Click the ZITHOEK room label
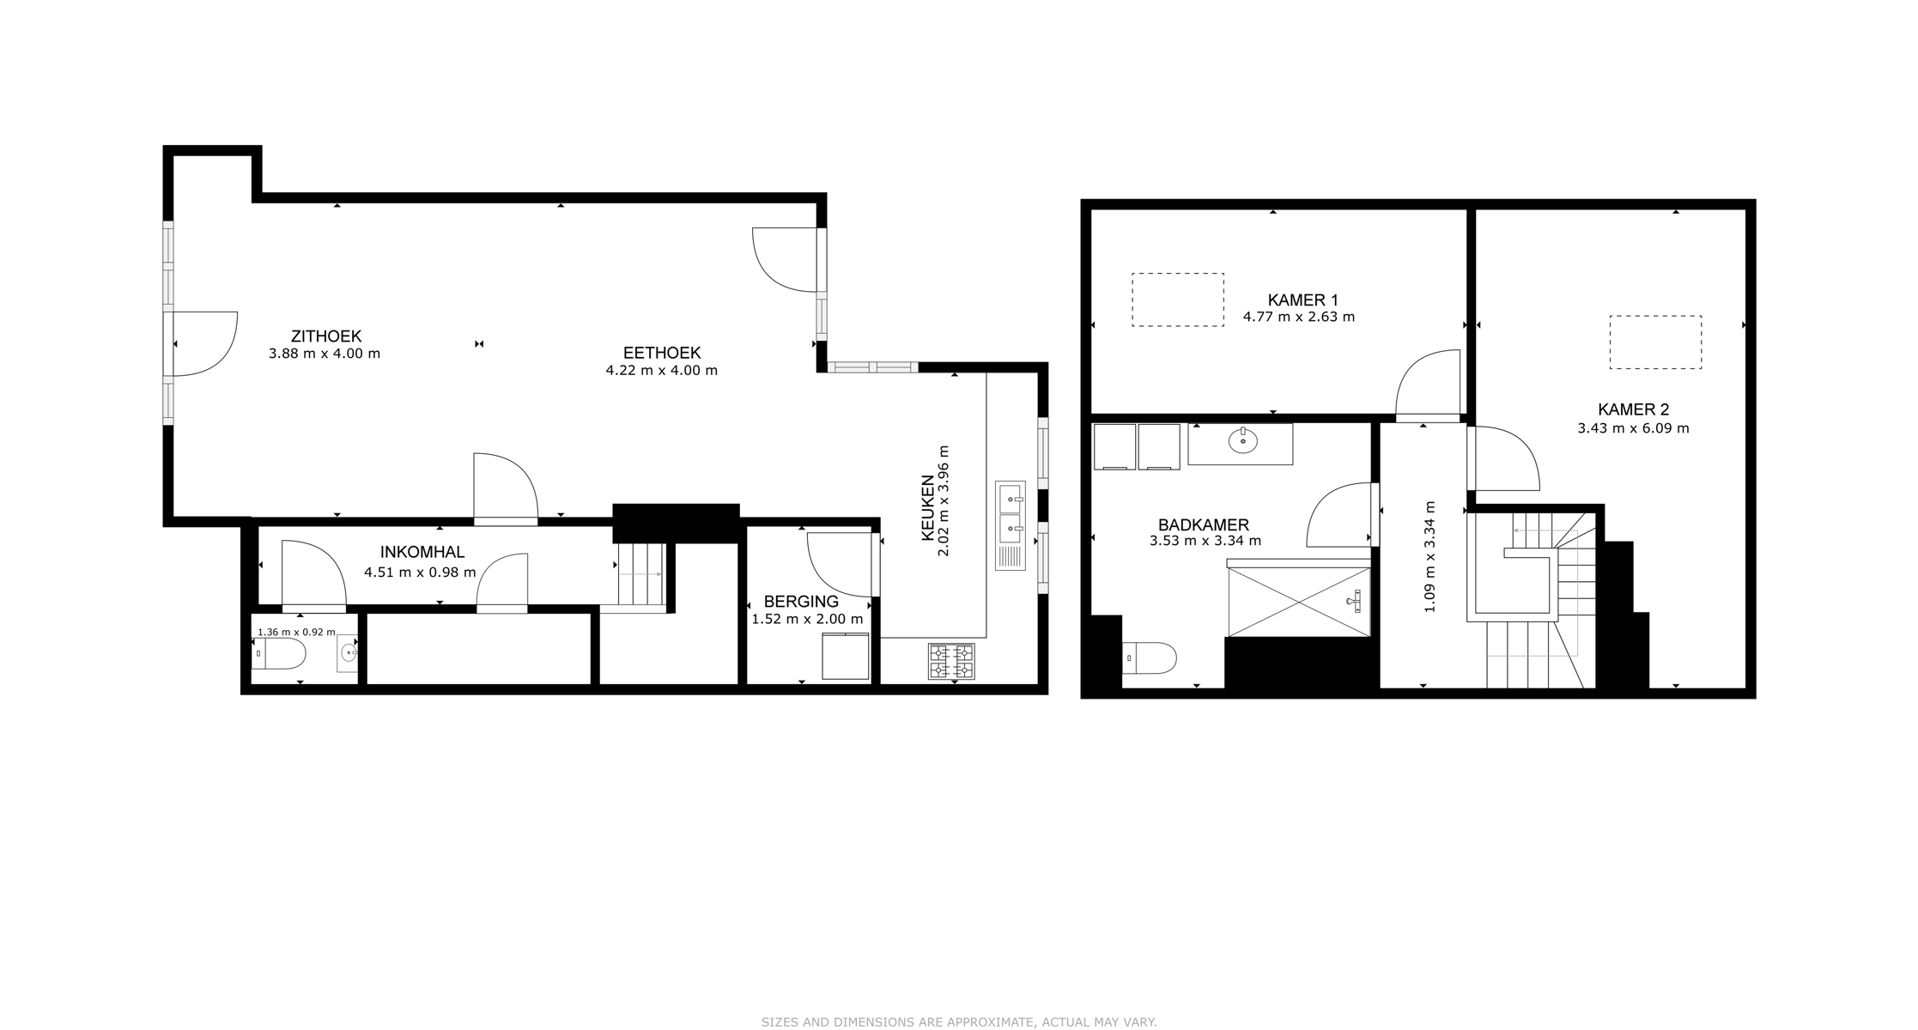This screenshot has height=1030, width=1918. tap(325, 336)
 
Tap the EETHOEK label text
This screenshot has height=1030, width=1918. tap(662, 353)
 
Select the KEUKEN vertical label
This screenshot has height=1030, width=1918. tap(928, 508)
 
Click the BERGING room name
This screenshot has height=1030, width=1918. tap(801, 602)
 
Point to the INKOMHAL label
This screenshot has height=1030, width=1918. tap(422, 553)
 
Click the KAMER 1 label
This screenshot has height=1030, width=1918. tap(1303, 300)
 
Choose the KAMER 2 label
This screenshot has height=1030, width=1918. tap(1634, 410)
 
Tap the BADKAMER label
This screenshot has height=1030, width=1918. tap(1204, 525)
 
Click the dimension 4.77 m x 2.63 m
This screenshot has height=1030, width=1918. tap(1299, 317)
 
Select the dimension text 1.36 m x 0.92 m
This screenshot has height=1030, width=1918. tap(296, 632)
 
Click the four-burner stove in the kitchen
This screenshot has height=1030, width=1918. tap(951, 662)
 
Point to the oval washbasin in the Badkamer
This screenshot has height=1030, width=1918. tap(1242, 441)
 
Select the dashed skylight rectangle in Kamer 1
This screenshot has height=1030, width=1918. tap(1178, 274)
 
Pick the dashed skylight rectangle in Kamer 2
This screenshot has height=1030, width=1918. tap(1655, 317)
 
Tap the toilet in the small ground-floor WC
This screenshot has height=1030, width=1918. tap(279, 653)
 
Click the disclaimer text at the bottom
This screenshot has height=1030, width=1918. tap(959, 1022)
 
